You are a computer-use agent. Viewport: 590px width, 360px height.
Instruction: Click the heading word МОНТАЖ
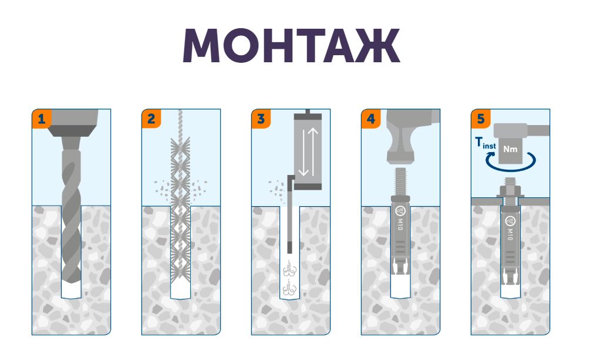[x=291, y=45]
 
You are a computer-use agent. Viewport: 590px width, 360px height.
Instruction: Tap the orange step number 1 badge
[x=41, y=119]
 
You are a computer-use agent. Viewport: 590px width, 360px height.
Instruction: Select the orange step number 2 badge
[x=151, y=119]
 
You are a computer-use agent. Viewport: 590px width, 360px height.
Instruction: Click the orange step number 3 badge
[x=261, y=119]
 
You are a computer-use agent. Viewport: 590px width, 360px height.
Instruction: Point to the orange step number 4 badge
[x=370, y=119]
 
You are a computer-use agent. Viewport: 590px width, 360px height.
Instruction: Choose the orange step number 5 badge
[x=480, y=119]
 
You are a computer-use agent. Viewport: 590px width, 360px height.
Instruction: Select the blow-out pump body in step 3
[x=308, y=150]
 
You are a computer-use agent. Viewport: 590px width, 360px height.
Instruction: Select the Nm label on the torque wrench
[x=510, y=149]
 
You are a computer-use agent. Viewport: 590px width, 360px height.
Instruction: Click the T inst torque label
[x=486, y=143]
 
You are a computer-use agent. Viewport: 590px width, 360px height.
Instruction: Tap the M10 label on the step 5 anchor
[x=510, y=234]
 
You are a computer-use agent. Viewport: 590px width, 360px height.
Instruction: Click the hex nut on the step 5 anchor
[x=510, y=190]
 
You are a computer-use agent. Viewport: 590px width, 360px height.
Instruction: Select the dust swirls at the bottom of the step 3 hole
[x=289, y=278]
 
